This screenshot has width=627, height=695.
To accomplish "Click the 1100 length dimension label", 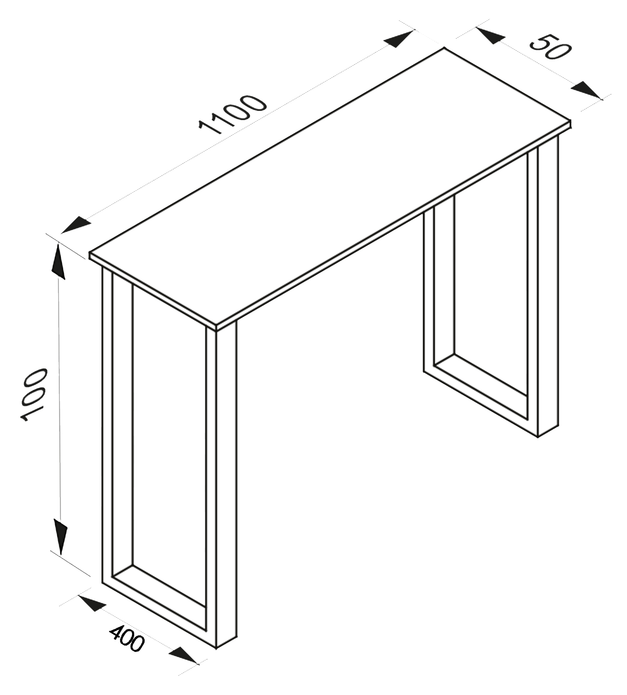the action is point(233,114).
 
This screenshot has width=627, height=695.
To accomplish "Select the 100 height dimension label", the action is point(33,395).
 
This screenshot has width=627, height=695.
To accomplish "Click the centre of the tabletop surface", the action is point(330,188).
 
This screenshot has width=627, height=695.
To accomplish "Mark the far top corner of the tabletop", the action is point(444,48).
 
